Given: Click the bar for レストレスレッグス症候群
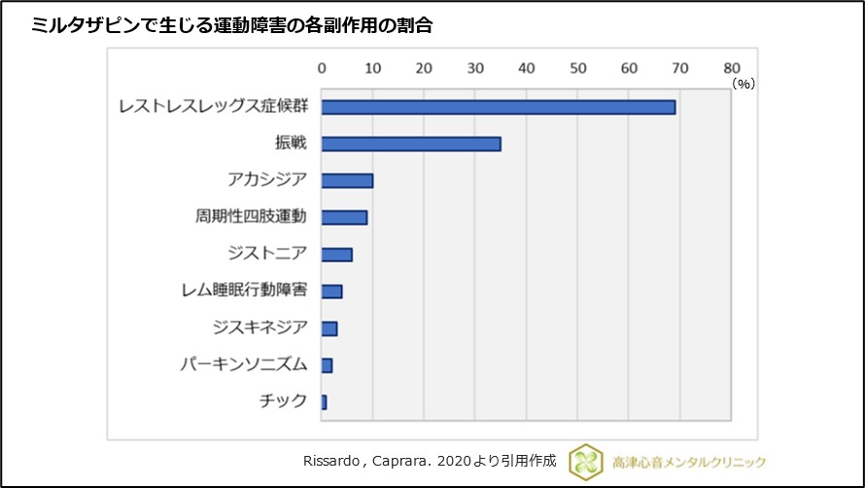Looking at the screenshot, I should click(x=498, y=107).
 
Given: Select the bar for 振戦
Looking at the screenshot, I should click(x=411, y=144).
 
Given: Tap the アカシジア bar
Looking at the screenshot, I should click(x=347, y=181).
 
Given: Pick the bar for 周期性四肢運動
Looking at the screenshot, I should click(x=344, y=218).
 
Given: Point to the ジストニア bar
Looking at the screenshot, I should click(x=336, y=255).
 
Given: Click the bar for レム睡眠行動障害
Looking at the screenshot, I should click(x=331, y=292).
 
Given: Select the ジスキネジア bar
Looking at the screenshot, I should click(x=329, y=329).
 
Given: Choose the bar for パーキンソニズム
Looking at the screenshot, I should click(x=327, y=366).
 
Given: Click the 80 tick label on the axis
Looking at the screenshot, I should click(x=732, y=68).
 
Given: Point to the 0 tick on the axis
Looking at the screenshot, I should click(x=322, y=68).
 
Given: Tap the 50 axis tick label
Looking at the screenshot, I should click(x=578, y=68).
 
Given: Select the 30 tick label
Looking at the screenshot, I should click(x=475, y=68).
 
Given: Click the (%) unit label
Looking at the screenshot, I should click(x=744, y=85).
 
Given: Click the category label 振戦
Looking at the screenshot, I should click(x=291, y=144).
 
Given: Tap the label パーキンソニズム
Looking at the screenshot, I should click(x=244, y=366).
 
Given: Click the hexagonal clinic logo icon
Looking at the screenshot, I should click(x=586, y=461).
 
